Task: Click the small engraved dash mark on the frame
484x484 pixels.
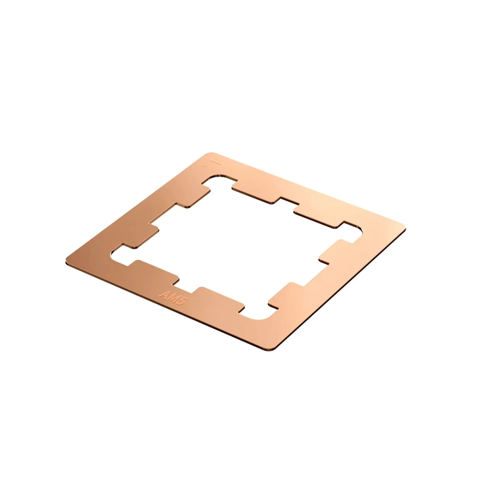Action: coord(217,163)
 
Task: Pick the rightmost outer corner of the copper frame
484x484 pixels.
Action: coord(405,228)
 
